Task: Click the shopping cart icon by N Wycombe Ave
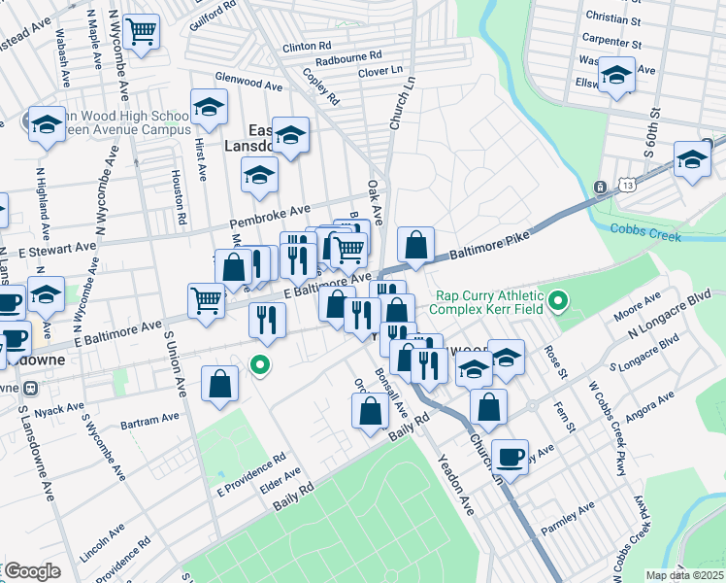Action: click(143, 32)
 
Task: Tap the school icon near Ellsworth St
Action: click(616, 75)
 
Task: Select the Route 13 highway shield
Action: click(601, 187)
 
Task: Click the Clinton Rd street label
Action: click(307, 47)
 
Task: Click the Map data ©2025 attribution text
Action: click(684, 575)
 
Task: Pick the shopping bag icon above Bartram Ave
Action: click(220, 383)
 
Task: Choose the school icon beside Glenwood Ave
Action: click(208, 109)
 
